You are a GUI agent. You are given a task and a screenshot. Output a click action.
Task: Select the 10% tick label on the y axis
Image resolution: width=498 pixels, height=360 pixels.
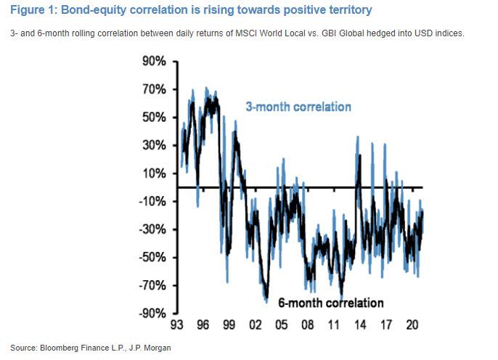coord(155,173)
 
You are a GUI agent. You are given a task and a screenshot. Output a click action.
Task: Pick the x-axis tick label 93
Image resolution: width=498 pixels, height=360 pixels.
coord(177,325)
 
